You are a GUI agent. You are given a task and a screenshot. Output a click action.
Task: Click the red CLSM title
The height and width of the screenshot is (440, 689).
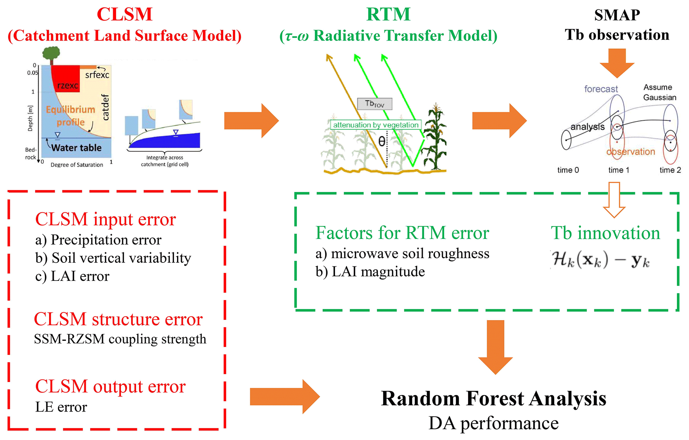[x=124, y=14]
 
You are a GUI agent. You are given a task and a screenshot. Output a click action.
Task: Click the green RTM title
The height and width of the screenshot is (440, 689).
[x=388, y=14]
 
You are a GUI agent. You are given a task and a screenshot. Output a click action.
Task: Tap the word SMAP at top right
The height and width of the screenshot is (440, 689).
[x=617, y=15]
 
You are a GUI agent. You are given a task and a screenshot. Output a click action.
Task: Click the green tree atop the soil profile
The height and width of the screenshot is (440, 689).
[x=51, y=54]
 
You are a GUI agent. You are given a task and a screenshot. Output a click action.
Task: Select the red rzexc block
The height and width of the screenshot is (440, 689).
[x=65, y=78]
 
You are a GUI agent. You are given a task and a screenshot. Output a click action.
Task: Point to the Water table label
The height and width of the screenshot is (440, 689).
[x=76, y=148]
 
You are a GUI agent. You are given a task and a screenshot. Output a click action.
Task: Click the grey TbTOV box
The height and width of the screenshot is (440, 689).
[x=374, y=104]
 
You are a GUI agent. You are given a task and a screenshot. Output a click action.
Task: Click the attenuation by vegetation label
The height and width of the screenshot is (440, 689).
[x=376, y=125]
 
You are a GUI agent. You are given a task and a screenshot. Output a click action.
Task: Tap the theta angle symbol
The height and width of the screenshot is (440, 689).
[x=382, y=142]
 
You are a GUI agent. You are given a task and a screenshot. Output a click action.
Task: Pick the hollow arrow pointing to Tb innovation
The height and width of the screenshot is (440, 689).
[x=614, y=200]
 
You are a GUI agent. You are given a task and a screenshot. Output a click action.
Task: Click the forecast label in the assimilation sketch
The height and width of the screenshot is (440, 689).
[x=601, y=89]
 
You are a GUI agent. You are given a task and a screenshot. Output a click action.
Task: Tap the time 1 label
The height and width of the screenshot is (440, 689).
[x=619, y=170]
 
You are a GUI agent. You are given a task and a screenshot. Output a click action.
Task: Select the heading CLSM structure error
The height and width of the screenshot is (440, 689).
[x=118, y=319]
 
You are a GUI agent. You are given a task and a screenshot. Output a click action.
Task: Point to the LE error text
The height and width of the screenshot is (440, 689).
[x=61, y=407]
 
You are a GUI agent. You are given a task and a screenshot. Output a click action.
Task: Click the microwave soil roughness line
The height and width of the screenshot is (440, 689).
[x=402, y=253]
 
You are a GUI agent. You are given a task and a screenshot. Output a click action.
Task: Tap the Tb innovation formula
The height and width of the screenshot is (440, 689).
[x=600, y=259]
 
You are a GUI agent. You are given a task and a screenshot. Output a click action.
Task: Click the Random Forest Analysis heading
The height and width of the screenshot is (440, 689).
[x=493, y=398]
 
